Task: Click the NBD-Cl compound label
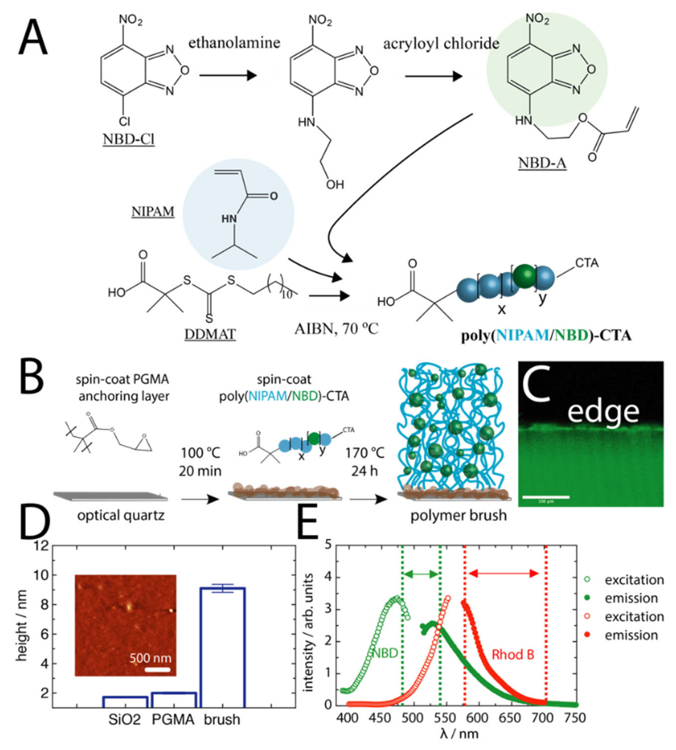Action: (x=128, y=139)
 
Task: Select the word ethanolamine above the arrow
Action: (x=234, y=43)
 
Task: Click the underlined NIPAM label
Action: (x=153, y=211)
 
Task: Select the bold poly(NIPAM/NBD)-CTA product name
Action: (x=546, y=335)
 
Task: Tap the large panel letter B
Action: (x=32, y=380)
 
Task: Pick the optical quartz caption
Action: (x=121, y=515)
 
